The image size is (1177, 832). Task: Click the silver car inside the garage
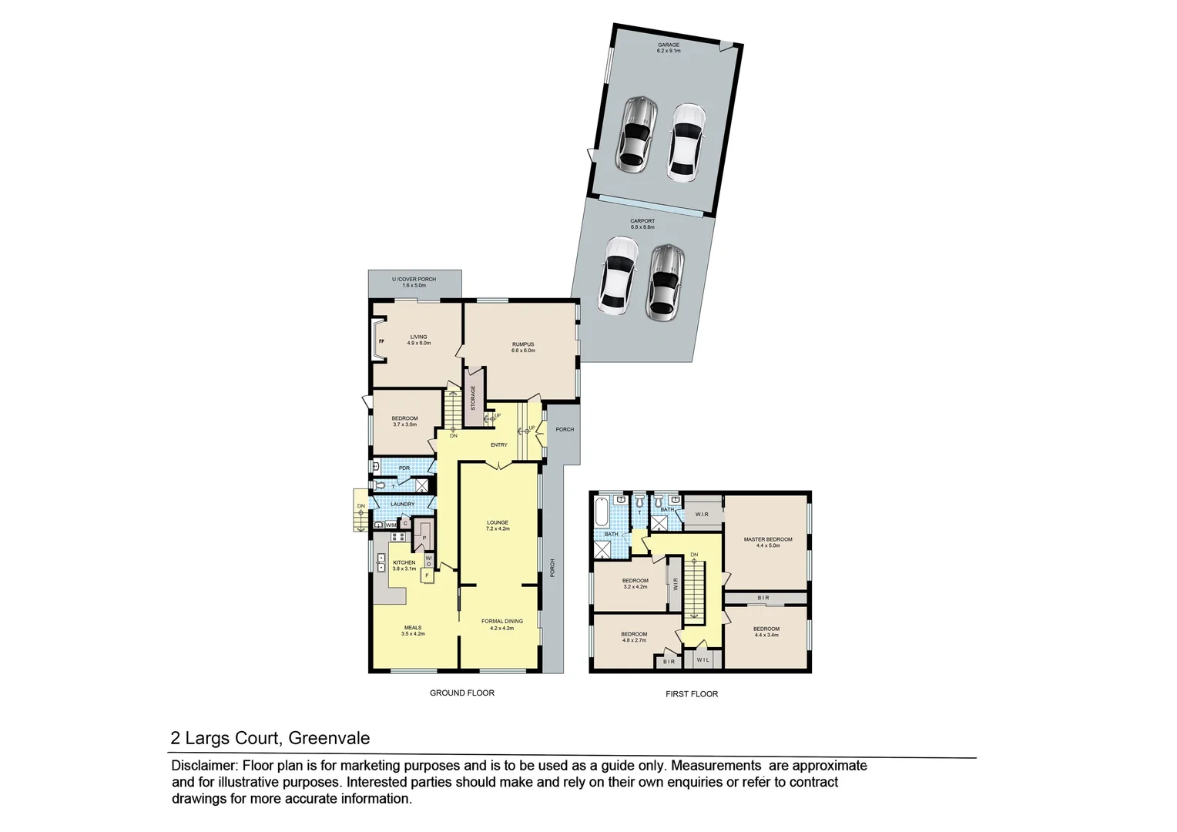pos(636,133)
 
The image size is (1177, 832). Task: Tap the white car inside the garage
pos(686,143)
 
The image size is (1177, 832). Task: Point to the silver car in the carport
pos(665,282)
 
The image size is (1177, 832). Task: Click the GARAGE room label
pos(668,45)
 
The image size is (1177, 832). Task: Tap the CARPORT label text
pos(642,221)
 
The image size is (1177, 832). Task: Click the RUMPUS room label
pos(522,344)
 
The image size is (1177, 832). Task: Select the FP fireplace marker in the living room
pos(381,340)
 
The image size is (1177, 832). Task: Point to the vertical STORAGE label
pos(473,398)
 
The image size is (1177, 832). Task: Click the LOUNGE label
pos(497,522)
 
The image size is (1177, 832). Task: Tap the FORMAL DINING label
pos(501,621)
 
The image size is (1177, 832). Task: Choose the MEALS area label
pos(413,627)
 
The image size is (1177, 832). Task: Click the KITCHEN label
pos(404,562)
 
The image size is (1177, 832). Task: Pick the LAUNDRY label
pos(402,505)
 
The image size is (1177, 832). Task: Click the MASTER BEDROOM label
pos(767,539)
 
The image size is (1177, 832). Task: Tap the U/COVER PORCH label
pos(414,280)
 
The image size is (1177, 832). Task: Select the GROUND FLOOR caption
pos(461,693)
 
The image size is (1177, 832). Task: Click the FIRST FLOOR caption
pos(691,694)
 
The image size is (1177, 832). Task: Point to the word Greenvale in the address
pos(329,738)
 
